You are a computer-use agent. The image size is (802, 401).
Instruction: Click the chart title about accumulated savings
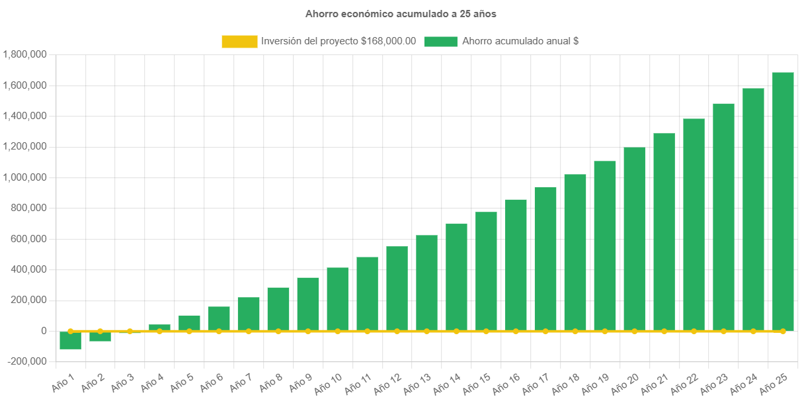[401, 13]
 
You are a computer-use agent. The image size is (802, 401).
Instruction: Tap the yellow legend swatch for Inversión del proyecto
[239, 42]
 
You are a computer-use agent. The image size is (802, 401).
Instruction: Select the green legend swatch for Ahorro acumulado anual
[440, 42]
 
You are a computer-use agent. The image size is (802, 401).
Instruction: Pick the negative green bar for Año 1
[70, 340]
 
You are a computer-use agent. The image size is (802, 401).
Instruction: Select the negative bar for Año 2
[100, 336]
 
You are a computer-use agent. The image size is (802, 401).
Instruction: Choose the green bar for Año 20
[634, 238]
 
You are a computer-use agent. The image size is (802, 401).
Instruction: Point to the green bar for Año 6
[219, 318]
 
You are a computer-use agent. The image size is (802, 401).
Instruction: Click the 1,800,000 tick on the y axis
[24, 54]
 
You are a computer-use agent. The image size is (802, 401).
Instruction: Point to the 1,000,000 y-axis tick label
[24, 177]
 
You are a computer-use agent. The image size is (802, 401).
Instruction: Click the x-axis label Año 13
[417, 382]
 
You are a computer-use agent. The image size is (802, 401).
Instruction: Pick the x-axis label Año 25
[774, 382]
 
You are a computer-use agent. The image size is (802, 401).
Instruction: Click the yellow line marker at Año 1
[70, 331]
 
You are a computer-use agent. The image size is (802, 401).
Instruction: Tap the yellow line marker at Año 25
[782, 331]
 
